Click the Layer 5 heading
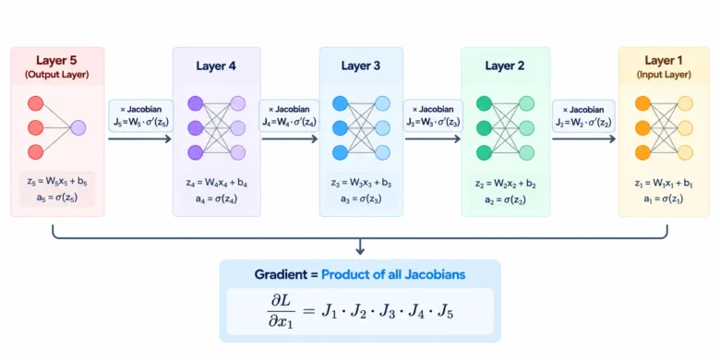[57, 61]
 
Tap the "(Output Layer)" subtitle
[57, 75]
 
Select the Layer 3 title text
[361, 66]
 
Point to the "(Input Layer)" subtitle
[664, 75]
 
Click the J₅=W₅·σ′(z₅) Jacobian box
[140, 115]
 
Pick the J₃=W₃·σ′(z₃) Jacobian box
[433, 115]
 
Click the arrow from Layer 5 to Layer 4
[139, 138]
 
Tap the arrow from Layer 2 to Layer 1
[583, 138]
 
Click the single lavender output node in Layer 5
[78, 127]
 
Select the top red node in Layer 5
[35, 103]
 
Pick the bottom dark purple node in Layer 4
[196, 152]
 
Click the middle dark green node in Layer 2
[485, 127]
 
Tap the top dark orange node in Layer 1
[642, 103]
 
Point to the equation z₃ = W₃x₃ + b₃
[361, 184]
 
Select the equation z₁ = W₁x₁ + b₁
[664, 184]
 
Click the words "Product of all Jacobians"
[393, 274]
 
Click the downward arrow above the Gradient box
[360, 246]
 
